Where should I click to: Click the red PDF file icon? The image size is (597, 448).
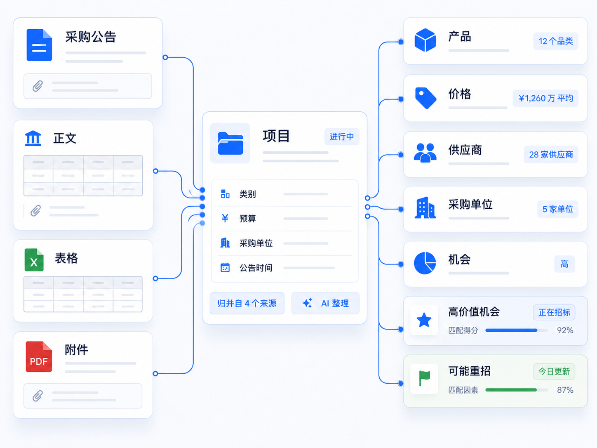[x=39, y=356]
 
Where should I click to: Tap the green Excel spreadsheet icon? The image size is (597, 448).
[x=34, y=260]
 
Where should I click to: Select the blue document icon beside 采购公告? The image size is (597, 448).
[x=39, y=45]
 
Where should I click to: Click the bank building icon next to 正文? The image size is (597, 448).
[x=33, y=138]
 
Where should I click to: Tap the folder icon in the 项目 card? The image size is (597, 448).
[x=230, y=143]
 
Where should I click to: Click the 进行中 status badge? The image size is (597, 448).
[x=342, y=137]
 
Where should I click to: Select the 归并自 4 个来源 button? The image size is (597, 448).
[x=247, y=303]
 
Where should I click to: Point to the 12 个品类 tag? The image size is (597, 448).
[x=556, y=41]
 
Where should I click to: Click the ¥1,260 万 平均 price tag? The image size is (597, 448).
[x=545, y=98]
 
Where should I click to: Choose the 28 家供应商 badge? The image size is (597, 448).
[x=551, y=155]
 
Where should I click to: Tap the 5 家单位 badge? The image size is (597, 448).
[x=558, y=209]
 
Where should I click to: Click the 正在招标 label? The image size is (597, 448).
[x=554, y=312]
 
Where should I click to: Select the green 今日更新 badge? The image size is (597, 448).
[x=554, y=371]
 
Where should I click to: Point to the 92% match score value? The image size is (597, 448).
[x=565, y=330]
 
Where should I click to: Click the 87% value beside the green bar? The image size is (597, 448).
[x=565, y=390]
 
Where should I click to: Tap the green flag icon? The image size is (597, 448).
[x=424, y=378]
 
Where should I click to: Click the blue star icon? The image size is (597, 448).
[x=424, y=320]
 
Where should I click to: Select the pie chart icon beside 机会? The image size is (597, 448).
[x=425, y=263]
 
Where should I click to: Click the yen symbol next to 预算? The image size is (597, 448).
[x=225, y=218]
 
